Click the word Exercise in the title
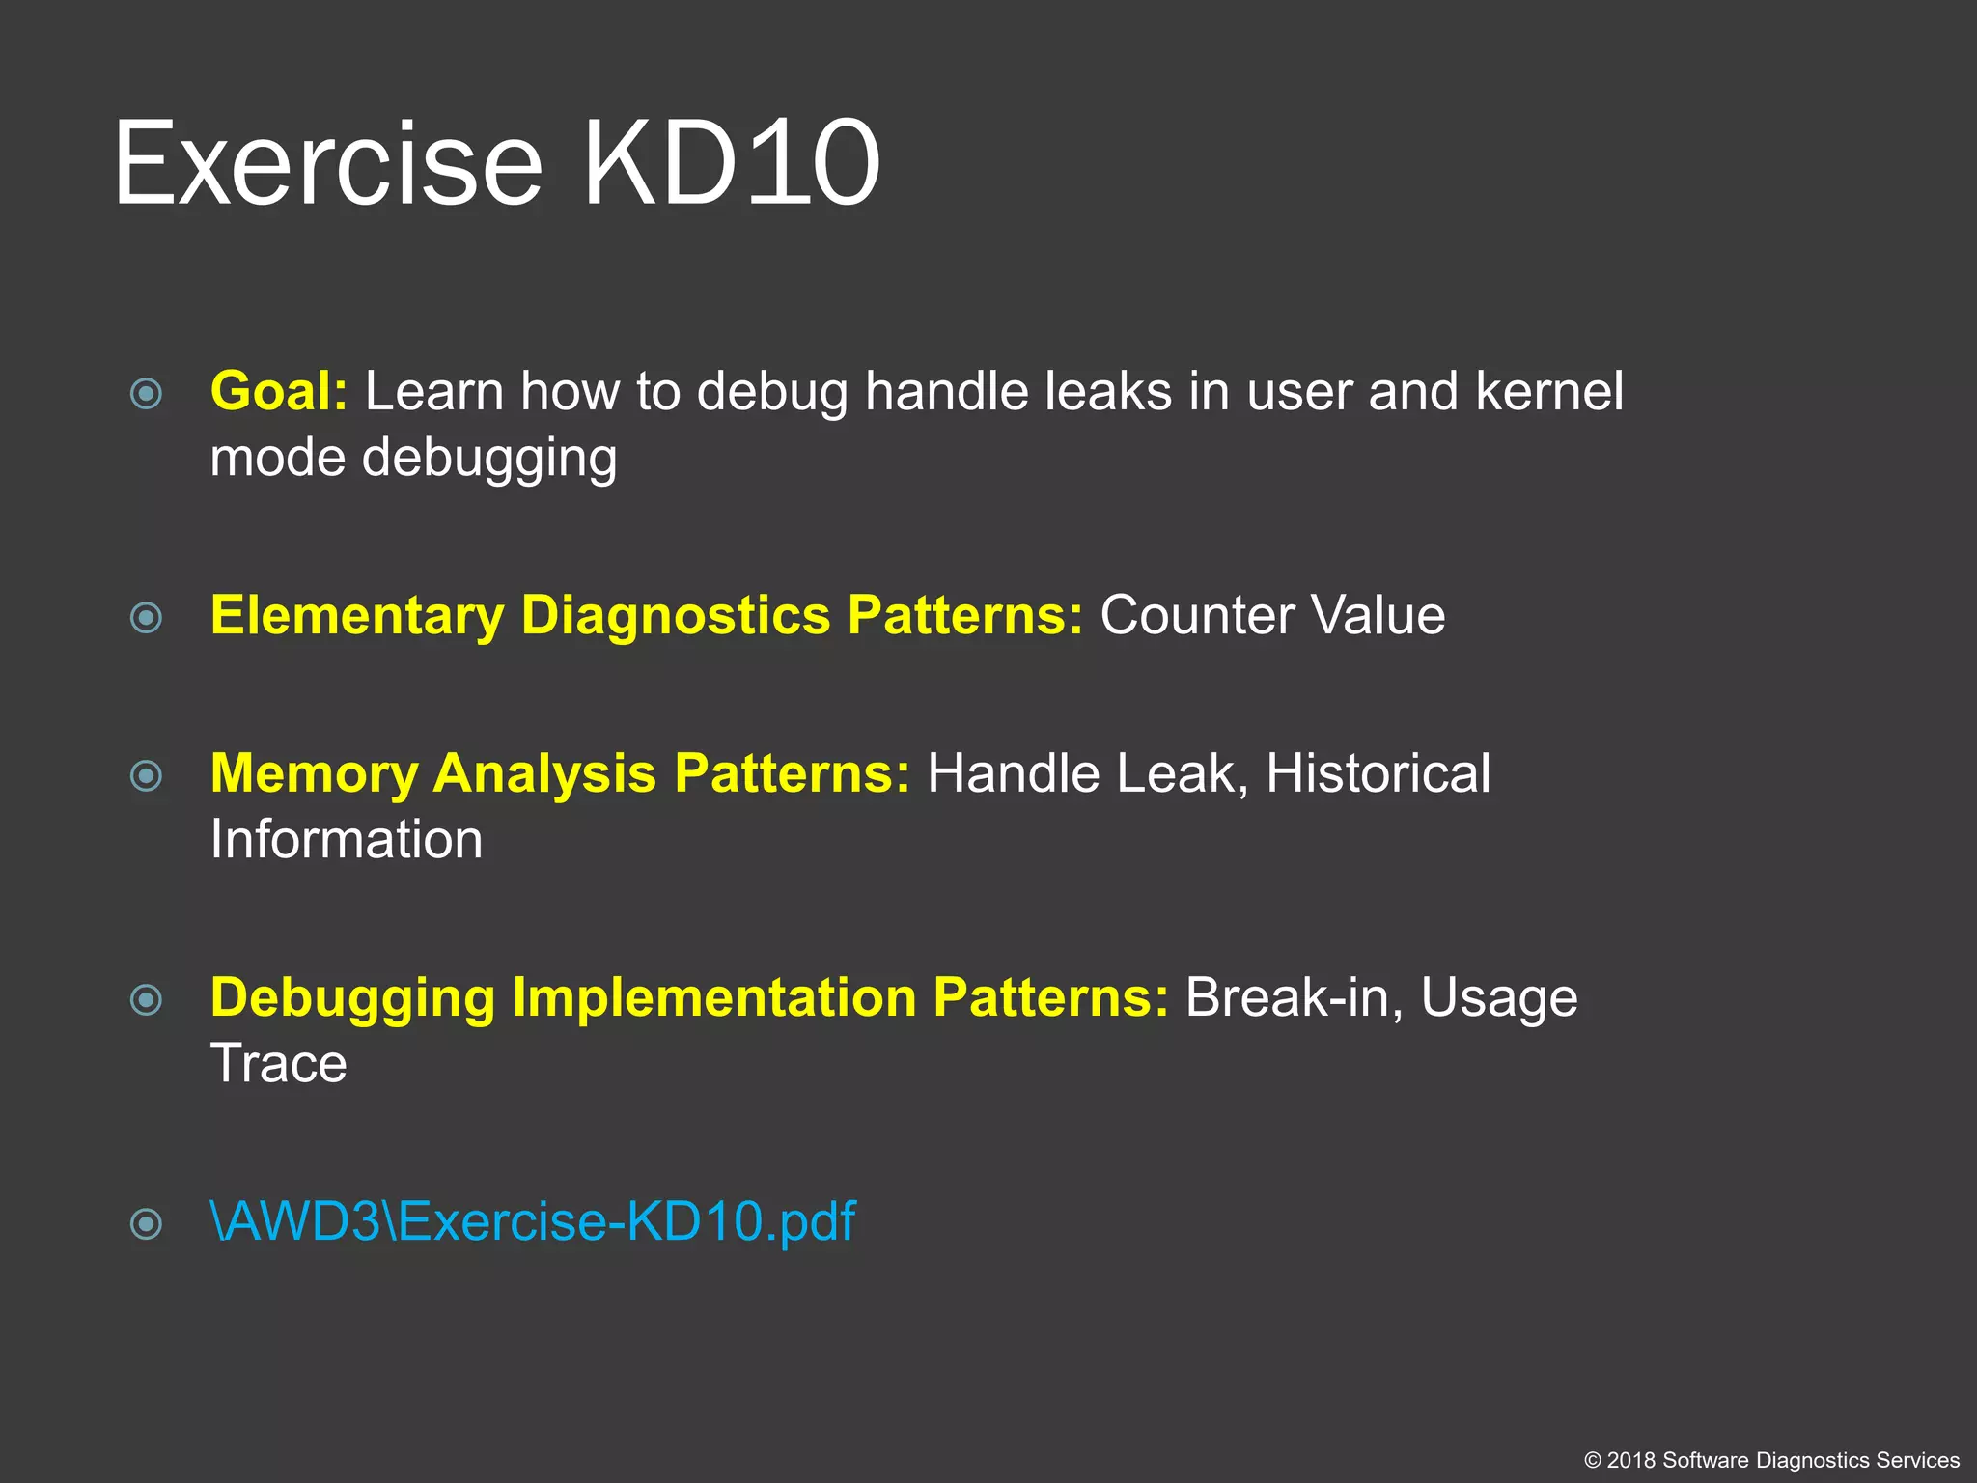[x=328, y=164]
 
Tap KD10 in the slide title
[x=732, y=164]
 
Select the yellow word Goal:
[x=278, y=392]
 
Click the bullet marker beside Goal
[x=146, y=393]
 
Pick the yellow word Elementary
[x=357, y=616]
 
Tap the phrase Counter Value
[x=1272, y=616]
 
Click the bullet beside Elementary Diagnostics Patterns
[x=146, y=617]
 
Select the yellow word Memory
[x=314, y=774]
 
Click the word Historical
[x=1378, y=774]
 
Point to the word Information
[x=346, y=840]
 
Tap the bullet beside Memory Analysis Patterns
[x=146, y=775]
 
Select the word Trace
[x=278, y=1064]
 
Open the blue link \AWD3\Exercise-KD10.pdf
[x=533, y=1222]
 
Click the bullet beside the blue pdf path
[x=146, y=1224]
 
